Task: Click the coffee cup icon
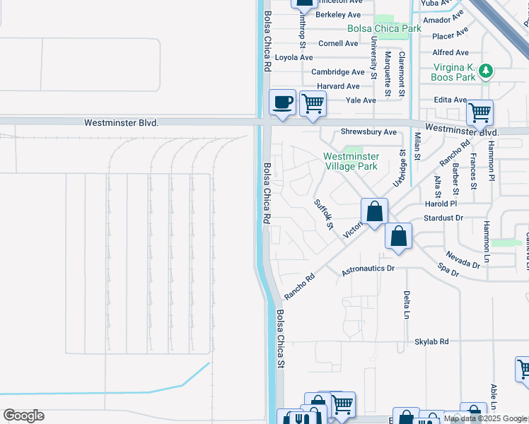(282, 103)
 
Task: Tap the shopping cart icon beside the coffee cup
(312, 104)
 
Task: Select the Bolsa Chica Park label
(384, 29)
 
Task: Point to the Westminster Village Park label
(351, 161)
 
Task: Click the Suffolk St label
(323, 215)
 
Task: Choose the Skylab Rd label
(431, 341)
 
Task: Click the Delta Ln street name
(407, 305)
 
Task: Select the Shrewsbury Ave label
(368, 132)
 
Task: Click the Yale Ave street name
(361, 100)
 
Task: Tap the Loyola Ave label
(293, 58)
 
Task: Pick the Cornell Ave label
(338, 43)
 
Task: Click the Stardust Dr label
(443, 218)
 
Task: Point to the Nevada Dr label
(463, 259)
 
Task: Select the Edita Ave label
(450, 100)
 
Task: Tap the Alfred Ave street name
(450, 52)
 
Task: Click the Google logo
(23, 416)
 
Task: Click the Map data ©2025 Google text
(485, 418)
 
